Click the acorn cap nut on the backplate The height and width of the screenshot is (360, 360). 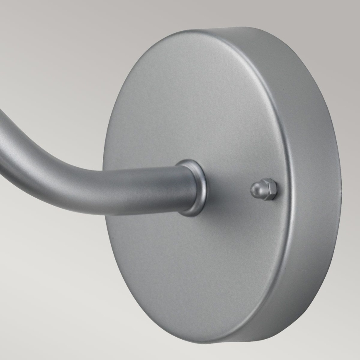263,190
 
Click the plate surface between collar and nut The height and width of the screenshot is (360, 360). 228,189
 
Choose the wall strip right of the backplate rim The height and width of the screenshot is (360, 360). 350,187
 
